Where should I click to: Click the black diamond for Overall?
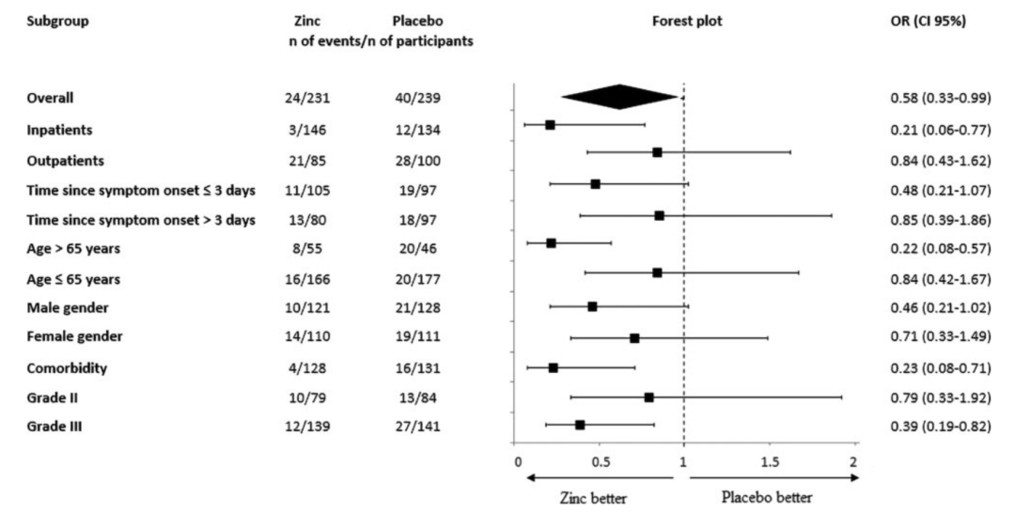click(620, 97)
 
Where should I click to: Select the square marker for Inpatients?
click(550, 124)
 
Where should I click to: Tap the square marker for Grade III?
click(580, 425)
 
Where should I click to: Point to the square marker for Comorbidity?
click(553, 367)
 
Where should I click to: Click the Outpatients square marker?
click(657, 152)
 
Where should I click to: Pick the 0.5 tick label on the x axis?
click(601, 462)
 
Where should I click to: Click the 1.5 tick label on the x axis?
click(769, 462)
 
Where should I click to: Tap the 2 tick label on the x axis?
click(853, 462)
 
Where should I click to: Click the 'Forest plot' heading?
click(687, 22)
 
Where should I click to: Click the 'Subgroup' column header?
click(58, 22)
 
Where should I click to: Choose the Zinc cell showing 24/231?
click(307, 98)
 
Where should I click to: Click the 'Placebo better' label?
click(767, 497)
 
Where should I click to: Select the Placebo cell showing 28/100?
click(417, 162)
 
